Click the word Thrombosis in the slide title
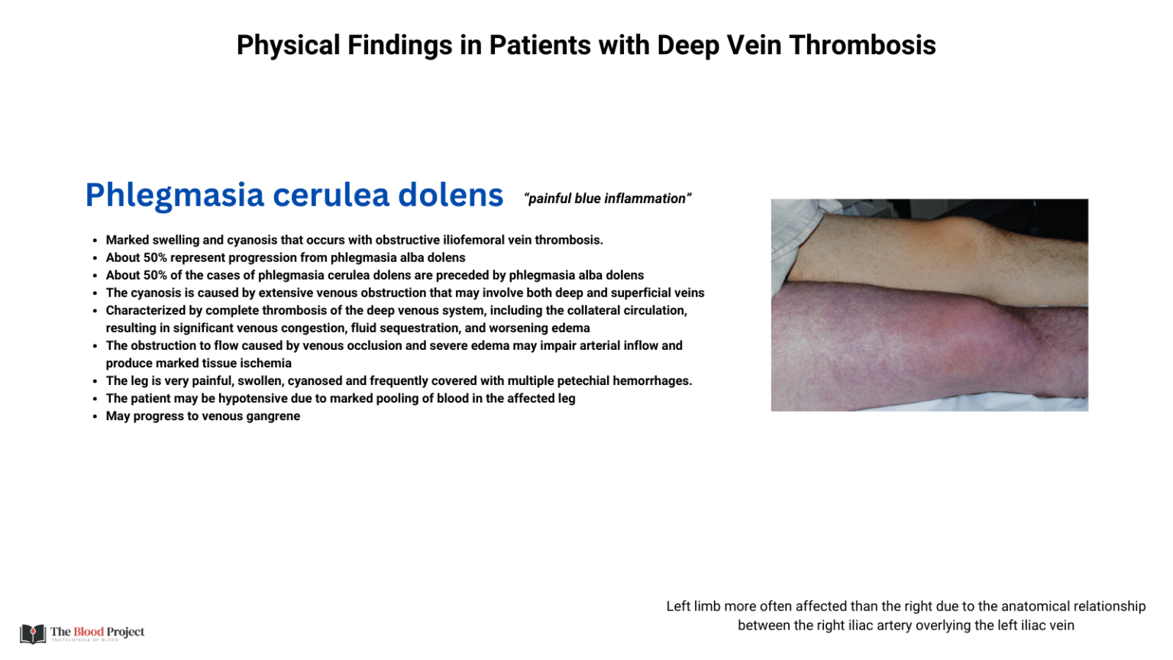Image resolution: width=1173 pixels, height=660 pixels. pyautogui.click(x=862, y=46)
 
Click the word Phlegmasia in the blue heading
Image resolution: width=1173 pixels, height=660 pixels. pyautogui.click(x=175, y=196)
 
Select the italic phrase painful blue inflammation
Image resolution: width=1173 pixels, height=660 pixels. pyautogui.click(x=607, y=199)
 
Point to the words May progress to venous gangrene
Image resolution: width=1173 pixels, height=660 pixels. pyautogui.click(x=203, y=416)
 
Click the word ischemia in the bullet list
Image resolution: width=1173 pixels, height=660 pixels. pyautogui.click(x=266, y=364)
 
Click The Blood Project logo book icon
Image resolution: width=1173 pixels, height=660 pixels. pyautogui.click(x=33, y=633)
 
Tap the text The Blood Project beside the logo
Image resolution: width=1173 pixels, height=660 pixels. pyautogui.click(x=97, y=632)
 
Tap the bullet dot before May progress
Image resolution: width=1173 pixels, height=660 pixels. pyautogui.click(x=95, y=417)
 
